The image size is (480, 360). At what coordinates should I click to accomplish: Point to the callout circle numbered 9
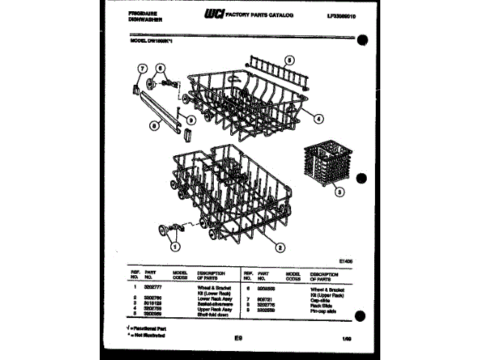pos(191,119)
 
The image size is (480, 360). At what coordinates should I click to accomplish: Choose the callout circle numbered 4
pos(319,118)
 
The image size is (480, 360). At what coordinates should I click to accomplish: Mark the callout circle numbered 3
pos(340,192)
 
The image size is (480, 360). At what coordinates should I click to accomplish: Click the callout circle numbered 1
pos(175,244)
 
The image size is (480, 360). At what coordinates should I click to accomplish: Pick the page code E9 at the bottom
pos(238,340)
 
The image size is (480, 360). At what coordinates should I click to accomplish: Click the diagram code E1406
pos(346,261)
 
